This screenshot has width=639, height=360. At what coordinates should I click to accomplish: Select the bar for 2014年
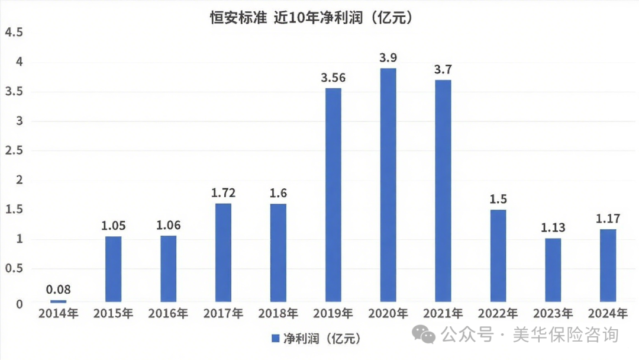59,301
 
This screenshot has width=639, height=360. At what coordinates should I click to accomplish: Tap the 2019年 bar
333,195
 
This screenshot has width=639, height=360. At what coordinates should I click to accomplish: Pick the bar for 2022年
498,256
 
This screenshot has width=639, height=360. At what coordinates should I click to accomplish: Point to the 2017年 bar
223,253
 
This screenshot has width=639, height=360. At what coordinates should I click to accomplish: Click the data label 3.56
333,78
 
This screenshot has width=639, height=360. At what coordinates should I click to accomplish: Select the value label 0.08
59,290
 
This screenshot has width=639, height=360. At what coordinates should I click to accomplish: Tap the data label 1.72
223,192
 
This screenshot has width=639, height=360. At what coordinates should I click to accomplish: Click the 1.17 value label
608,218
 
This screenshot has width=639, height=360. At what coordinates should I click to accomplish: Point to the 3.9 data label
388,58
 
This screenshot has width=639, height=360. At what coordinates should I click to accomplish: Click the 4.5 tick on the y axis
14,33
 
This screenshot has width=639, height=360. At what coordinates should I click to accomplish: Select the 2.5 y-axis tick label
14,151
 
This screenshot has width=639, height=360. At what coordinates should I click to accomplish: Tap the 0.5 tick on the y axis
14,269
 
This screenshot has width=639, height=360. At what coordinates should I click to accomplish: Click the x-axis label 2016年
169,313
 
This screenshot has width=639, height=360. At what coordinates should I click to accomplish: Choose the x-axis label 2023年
553,313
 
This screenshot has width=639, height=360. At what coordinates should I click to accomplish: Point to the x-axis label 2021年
443,313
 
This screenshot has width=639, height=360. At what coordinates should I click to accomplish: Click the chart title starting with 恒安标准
311,18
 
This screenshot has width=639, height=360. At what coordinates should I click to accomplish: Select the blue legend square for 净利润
275,338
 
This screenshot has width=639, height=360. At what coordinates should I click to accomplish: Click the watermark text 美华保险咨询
566,335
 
